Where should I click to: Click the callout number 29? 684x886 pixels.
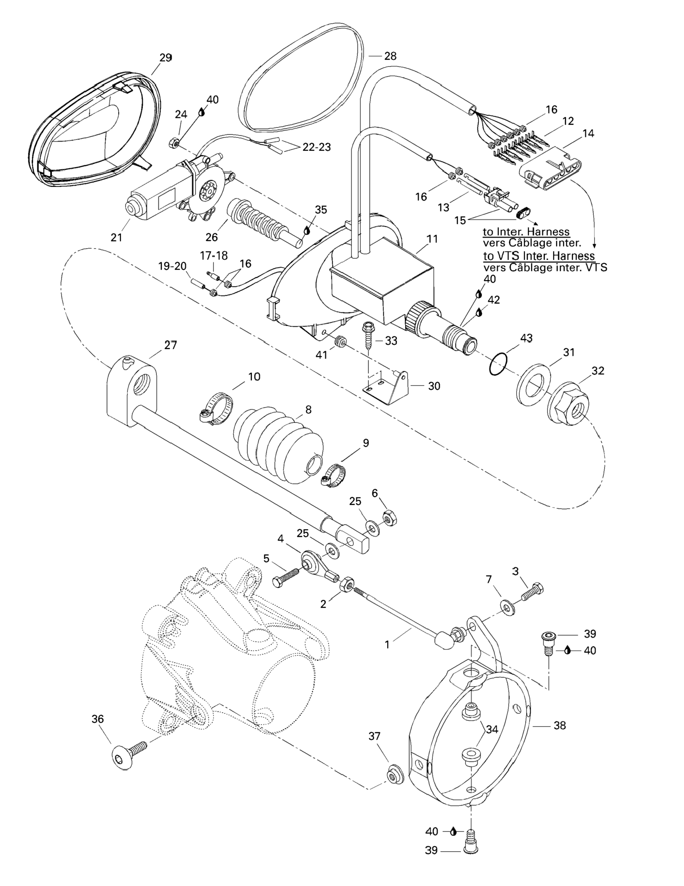click(166, 58)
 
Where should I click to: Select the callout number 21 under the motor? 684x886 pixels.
click(116, 237)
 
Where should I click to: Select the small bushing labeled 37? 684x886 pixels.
click(392, 775)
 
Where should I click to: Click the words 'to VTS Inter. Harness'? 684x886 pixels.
click(538, 256)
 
